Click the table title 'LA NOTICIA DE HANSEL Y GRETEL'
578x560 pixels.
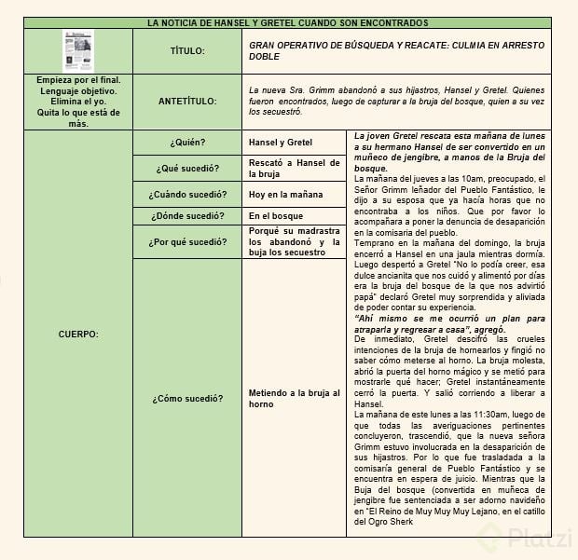(288, 21)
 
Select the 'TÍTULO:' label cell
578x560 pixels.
(187, 50)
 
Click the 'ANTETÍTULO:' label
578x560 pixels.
(187, 102)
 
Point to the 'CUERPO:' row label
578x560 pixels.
(78, 333)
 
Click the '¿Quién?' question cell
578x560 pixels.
(187, 143)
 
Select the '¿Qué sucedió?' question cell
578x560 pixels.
(187, 168)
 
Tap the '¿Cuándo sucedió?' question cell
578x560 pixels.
(187, 194)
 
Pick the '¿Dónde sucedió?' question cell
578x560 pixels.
(187, 215)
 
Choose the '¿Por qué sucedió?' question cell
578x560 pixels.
(187, 241)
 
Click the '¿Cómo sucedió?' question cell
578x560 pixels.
(187, 398)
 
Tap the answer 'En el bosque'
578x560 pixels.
(277, 215)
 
